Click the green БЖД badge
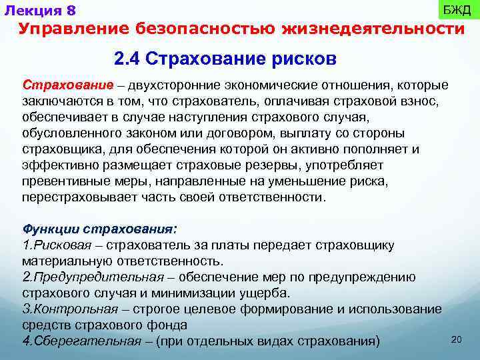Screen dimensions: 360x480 [x=457, y=11]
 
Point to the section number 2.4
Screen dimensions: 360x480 [x=127, y=59]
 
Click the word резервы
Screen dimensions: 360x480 [x=245, y=165]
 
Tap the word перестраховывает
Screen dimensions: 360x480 [x=74, y=197]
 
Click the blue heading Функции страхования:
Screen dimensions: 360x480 [x=99, y=229]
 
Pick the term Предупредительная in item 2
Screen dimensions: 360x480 [x=97, y=277]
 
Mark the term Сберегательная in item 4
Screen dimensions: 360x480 [x=83, y=341]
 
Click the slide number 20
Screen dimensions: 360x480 [x=457, y=339]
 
